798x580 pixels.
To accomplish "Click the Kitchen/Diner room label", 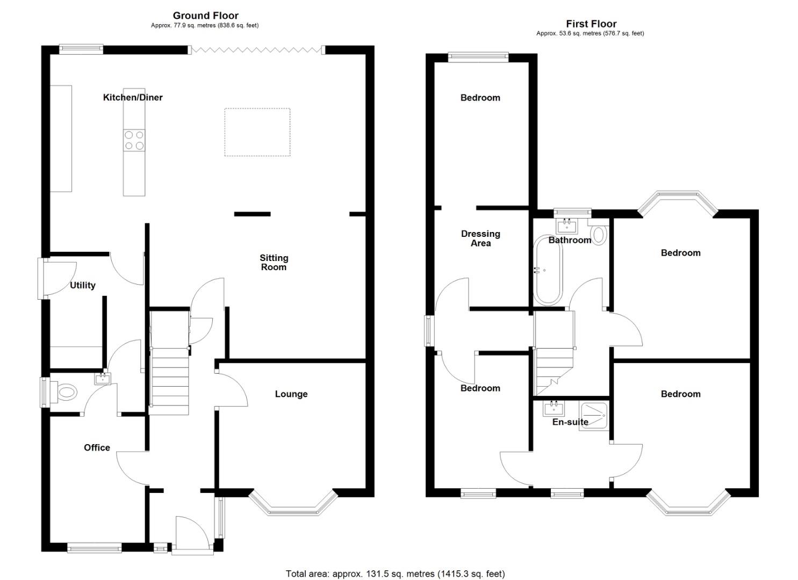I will coord(133,97).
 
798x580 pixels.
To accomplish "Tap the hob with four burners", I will coord(134,140).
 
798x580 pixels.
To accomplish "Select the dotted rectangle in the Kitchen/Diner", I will coord(257,132).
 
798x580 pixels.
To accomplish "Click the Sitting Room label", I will coord(274,263).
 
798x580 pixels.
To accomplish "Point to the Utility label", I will coord(83,285).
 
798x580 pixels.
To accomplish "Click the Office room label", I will coord(97,447).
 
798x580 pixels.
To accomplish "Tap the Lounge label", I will coord(291,394).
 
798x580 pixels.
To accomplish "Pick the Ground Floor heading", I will coord(205,16).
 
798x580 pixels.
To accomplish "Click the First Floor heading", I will coord(591,24).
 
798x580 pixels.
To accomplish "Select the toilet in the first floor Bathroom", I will coord(599,234).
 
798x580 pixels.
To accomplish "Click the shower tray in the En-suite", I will coord(594,414).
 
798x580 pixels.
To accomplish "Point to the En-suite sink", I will coord(553,409).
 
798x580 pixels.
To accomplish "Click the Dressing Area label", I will coord(480,238).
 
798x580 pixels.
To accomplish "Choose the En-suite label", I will coord(570,422).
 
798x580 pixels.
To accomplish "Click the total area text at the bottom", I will coord(395,574).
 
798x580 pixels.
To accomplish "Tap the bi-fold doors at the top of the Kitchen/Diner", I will coord(257,50).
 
